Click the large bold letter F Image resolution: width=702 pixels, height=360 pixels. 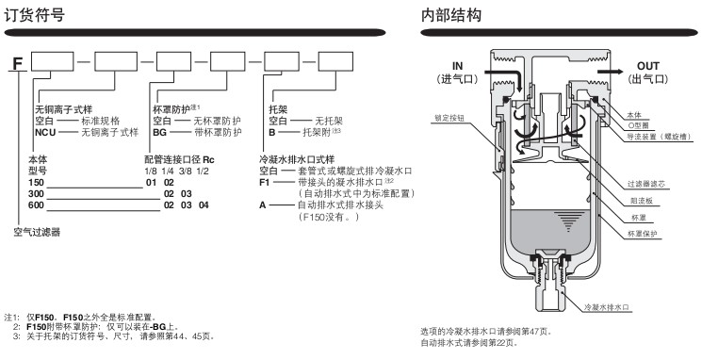click(18, 63)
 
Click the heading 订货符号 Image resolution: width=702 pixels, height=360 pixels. click(35, 15)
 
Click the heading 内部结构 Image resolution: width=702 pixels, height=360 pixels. click(450, 15)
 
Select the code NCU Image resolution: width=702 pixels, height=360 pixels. click(45, 133)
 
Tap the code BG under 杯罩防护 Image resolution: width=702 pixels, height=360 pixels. click(159, 133)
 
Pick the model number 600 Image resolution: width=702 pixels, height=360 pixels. click(36, 205)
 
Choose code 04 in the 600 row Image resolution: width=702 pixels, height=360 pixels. click(204, 205)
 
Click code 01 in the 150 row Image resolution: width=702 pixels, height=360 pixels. click(152, 182)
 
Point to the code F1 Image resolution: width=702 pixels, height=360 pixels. click(265, 182)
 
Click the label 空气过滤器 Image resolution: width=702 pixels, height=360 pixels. click(37, 233)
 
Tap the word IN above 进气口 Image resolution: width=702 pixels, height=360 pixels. click(458, 66)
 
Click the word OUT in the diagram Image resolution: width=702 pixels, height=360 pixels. click(648, 66)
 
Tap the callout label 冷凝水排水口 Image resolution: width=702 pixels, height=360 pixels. click(607, 307)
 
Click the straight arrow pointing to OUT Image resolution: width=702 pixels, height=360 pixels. click(610, 72)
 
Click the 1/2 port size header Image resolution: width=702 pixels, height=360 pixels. click(203, 171)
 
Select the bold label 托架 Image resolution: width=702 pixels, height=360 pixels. click(278, 109)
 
